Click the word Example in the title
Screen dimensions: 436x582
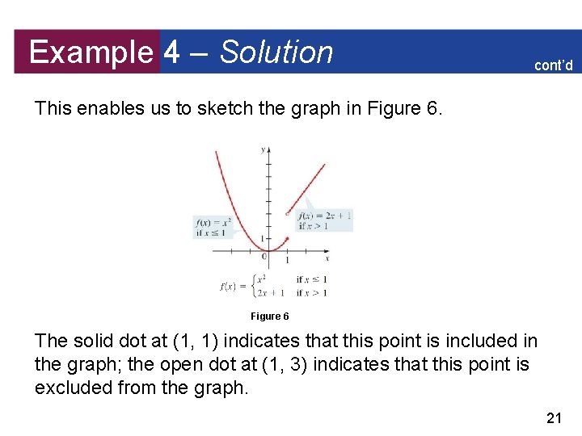[90, 52]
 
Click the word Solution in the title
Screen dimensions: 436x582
[276, 52]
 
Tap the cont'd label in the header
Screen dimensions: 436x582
[553, 65]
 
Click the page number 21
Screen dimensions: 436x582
[554, 417]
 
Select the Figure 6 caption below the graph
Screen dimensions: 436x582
[269, 317]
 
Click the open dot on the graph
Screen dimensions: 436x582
[288, 214]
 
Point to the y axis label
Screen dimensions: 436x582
[263, 149]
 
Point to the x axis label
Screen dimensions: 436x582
[327, 258]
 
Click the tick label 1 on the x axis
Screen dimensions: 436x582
[287, 261]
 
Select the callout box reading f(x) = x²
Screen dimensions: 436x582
[213, 227]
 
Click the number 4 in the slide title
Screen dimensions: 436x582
[171, 52]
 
